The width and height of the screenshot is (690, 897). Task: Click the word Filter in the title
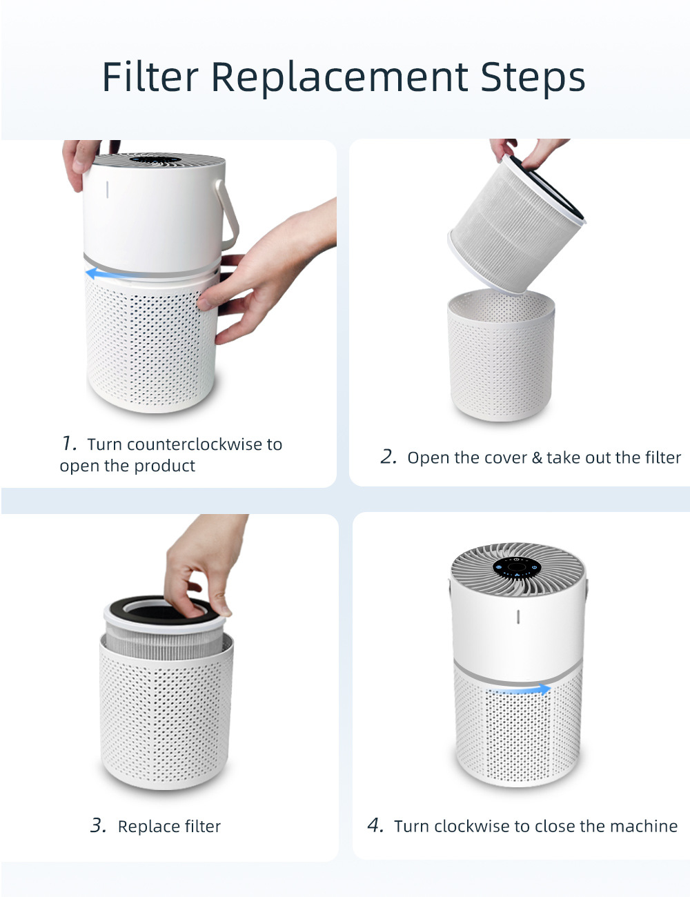(x=150, y=77)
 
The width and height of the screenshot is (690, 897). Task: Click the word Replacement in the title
(x=340, y=79)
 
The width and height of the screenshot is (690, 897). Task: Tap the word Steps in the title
(x=533, y=79)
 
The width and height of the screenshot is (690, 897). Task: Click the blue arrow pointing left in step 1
(x=108, y=273)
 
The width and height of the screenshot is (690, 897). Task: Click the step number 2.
(x=388, y=457)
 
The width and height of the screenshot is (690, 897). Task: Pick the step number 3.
(x=99, y=826)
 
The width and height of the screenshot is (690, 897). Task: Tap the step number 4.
(x=375, y=826)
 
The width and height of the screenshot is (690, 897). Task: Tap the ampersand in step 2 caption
(x=537, y=457)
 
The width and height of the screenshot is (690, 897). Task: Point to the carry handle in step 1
(x=228, y=215)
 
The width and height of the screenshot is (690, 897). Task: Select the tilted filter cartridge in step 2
(x=517, y=224)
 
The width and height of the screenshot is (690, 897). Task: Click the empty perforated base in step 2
(x=501, y=355)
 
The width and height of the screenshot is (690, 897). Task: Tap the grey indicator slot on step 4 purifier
(x=518, y=617)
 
